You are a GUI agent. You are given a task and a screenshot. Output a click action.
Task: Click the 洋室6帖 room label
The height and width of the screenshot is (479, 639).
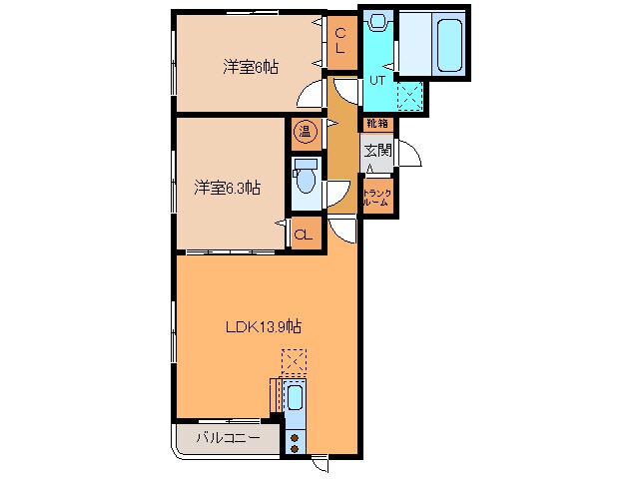pos(251,67)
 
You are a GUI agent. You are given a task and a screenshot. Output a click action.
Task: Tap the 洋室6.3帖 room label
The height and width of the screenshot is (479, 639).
pos(227,188)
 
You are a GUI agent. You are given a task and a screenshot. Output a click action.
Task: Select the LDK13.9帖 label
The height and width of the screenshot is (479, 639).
pos(264,326)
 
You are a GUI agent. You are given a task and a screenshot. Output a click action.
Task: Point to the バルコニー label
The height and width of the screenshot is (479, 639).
pos(228,438)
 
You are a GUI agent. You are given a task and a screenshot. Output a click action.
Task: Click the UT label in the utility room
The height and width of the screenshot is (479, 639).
pos(377,80)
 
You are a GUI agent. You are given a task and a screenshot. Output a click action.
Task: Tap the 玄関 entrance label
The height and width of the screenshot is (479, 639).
pos(377,151)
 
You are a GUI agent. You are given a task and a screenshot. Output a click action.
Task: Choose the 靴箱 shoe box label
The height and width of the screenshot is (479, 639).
pos(377,123)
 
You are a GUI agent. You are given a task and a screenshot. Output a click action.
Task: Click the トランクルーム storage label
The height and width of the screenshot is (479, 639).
pos(377,198)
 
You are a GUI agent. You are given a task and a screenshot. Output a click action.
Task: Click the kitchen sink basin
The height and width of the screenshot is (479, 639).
pos(296,398)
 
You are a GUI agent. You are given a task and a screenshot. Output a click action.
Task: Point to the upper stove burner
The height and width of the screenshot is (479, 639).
pos(295,438)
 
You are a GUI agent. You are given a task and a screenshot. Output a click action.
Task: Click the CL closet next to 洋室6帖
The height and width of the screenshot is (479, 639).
pos(340,42)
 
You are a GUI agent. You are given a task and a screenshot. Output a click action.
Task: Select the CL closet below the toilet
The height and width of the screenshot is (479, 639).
pos(304,235)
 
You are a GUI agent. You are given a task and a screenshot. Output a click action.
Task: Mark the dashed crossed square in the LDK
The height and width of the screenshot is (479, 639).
pos(294,361)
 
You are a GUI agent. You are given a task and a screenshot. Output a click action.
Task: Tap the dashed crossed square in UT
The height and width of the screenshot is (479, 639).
pos(410,96)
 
